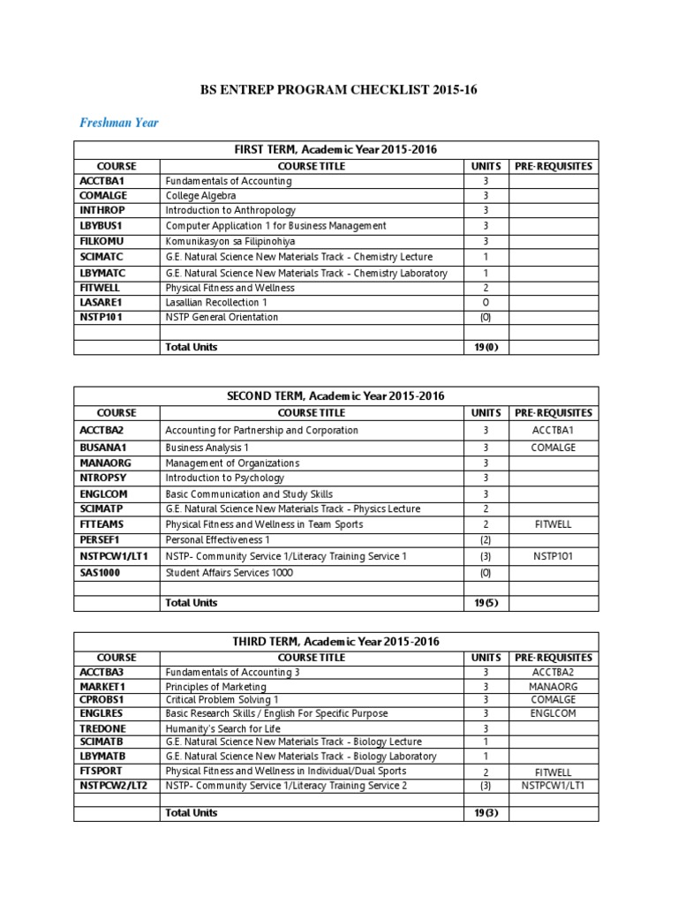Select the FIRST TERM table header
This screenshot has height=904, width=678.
(x=335, y=149)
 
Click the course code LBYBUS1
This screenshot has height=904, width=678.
(x=100, y=225)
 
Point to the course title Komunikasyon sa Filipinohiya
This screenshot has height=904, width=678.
(x=230, y=241)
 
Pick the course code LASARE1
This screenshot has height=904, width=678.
(x=100, y=302)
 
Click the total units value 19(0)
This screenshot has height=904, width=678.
(x=486, y=347)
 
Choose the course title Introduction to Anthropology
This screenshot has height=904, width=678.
(x=230, y=210)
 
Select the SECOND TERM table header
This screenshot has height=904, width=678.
(x=335, y=395)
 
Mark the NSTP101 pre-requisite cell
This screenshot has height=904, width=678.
(x=554, y=556)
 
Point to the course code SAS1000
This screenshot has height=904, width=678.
(x=100, y=572)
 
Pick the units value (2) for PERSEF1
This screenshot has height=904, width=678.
(x=486, y=540)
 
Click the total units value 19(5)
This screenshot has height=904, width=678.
(x=486, y=603)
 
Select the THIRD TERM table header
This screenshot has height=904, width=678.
(x=335, y=641)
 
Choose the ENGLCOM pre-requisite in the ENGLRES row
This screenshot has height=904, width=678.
(x=554, y=713)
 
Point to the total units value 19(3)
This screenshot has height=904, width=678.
(x=486, y=812)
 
